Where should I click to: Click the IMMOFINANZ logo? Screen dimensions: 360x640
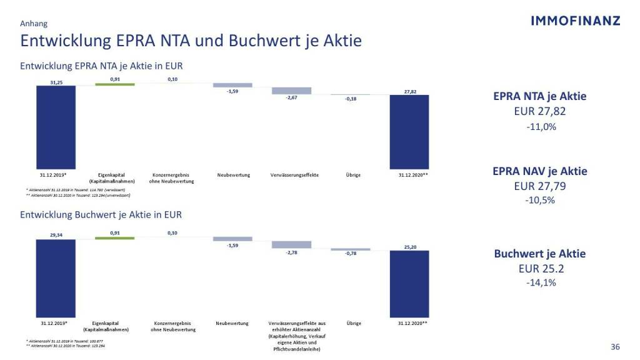click(x=575, y=21)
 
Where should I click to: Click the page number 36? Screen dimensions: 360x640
click(x=615, y=347)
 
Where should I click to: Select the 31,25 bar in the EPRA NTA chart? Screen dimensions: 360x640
click(x=56, y=127)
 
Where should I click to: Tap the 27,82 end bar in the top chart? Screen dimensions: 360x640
click(x=409, y=131)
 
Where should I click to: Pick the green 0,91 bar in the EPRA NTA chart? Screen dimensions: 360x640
click(x=115, y=84)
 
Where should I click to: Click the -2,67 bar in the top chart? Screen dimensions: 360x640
click(x=291, y=91)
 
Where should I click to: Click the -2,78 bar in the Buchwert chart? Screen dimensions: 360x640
click(x=291, y=244)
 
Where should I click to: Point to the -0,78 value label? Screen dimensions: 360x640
click(x=351, y=253)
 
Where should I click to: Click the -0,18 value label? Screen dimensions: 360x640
click(x=351, y=99)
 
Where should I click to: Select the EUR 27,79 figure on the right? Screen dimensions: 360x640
click(x=540, y=186)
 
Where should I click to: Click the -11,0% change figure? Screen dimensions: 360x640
click(x=541, y=126)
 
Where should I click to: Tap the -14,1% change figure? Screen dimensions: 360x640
click(x=541, y=282)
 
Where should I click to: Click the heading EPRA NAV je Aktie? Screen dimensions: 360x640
click(x=540, y=171)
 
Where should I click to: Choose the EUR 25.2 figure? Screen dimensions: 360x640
click(x=540, y=269)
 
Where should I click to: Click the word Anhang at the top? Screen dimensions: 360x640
click(x=34, y=24)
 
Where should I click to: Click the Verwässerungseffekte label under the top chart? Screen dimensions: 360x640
click(x=295, y=175)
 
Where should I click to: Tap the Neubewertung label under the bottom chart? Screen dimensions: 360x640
click(x=232, y=323)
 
